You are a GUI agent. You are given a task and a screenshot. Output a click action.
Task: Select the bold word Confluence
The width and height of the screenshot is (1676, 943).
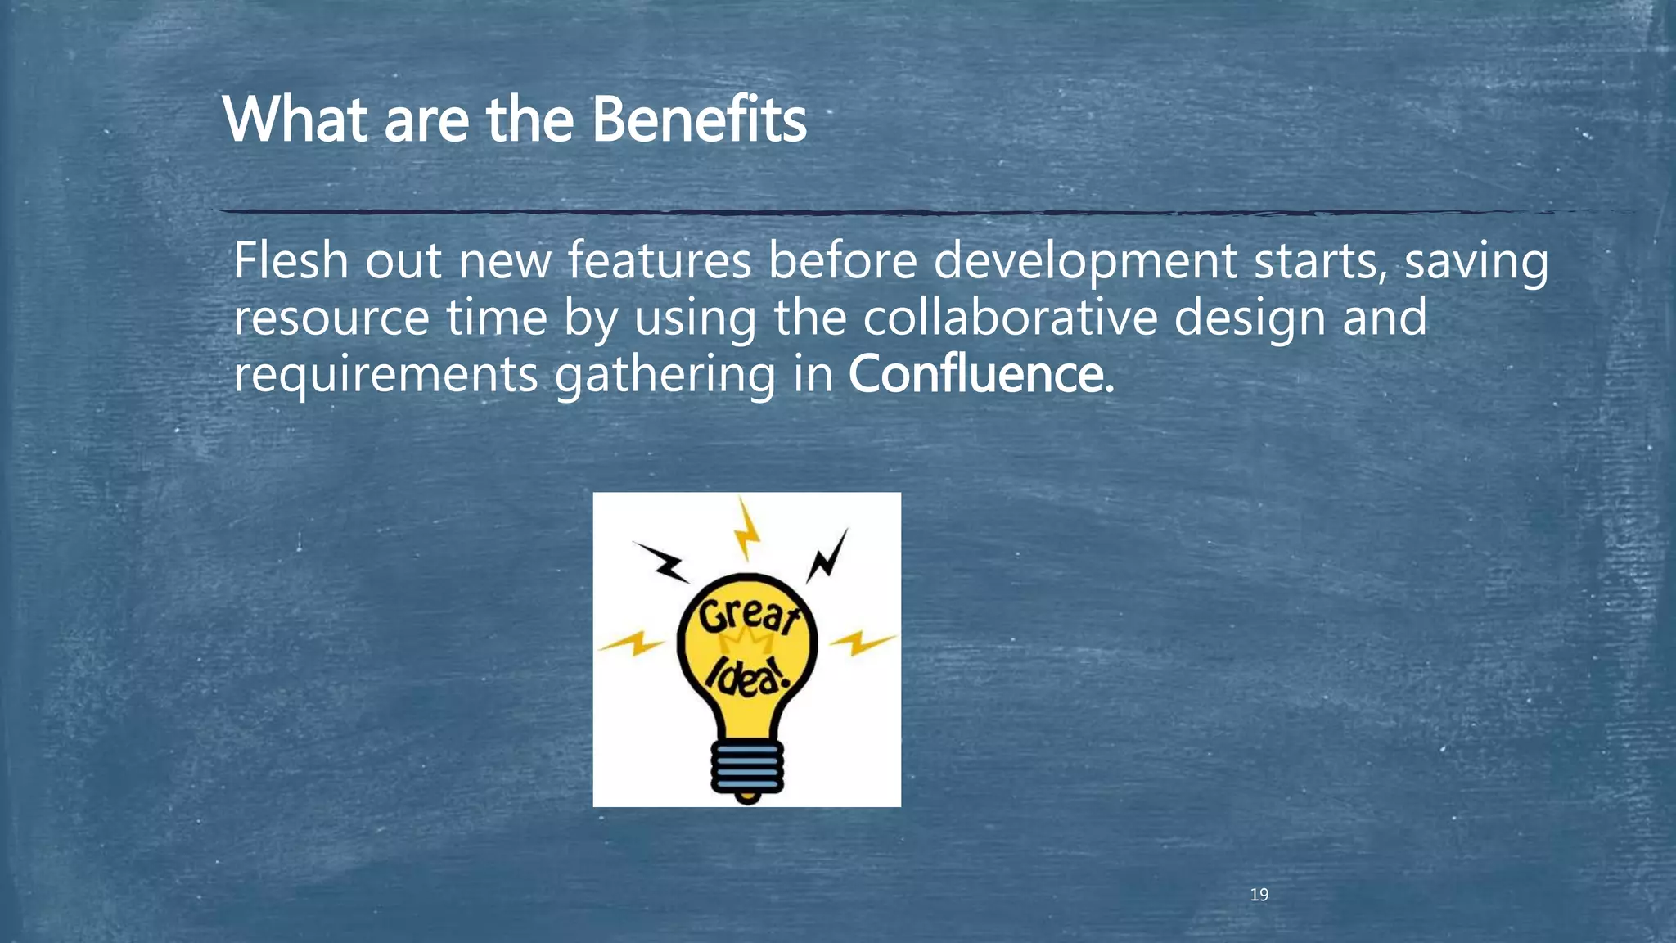976,374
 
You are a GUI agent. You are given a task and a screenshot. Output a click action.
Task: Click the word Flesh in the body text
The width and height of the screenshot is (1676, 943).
291,260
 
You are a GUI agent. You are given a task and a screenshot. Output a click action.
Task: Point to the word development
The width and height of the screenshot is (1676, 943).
1084,262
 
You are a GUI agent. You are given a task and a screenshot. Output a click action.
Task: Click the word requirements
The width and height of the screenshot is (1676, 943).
385,375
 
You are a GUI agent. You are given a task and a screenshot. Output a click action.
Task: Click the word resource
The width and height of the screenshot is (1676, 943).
331,319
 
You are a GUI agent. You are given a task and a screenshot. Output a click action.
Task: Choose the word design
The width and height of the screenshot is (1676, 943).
1250,319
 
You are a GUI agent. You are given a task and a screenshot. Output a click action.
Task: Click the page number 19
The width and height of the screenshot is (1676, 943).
1259,895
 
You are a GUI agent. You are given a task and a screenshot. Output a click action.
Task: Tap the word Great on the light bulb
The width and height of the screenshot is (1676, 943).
746,616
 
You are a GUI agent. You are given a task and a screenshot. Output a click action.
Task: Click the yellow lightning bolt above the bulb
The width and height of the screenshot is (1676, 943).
746,530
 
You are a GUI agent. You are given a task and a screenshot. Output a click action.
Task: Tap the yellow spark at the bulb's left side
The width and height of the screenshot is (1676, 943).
631,643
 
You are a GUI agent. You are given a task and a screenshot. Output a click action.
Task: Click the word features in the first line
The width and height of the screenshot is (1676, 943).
659,260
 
